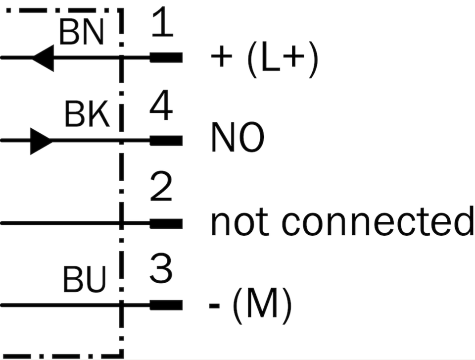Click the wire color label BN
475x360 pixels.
point(82,32)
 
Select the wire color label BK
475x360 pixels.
point(87,114)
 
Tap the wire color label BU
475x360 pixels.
point(85,279)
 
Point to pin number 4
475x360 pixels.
point(161,104)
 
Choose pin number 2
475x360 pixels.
point(161,187)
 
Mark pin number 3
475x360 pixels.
point(161,269)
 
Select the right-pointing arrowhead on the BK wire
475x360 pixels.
point(41,141)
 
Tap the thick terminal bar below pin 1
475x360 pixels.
point(166,57)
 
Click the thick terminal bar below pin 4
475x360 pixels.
point(166,141)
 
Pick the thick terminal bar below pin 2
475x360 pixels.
point(166,223)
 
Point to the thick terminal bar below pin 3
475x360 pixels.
point(166,305)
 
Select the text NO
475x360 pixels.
point(237,137)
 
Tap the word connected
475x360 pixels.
point(378,220)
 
